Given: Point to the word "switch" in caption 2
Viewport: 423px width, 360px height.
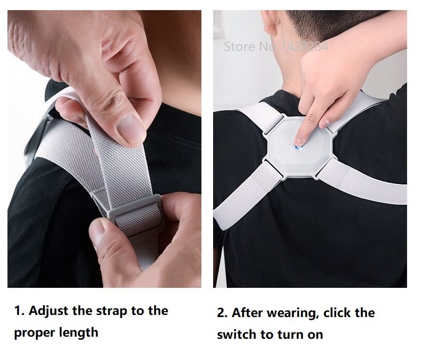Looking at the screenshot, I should click(236, 335).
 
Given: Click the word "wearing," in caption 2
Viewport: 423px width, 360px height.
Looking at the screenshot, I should click(290, 313).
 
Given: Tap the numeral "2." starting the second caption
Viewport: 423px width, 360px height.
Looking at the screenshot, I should click(223, 313).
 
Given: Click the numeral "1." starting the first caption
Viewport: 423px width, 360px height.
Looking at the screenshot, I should click(19, 311).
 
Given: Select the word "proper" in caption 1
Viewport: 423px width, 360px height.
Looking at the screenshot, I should click(33, 333).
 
